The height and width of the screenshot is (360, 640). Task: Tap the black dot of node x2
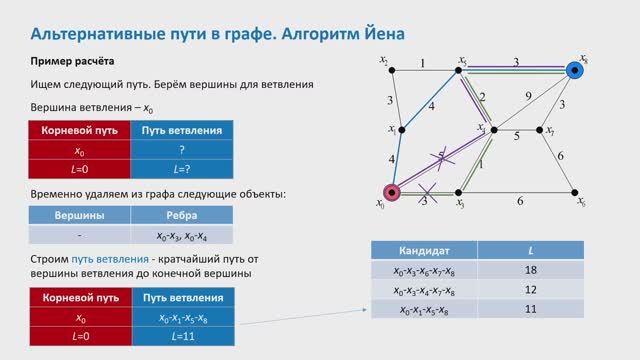click(391, 70)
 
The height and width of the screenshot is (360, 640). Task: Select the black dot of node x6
click(573, 193)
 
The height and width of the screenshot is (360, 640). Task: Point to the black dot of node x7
click(540, 131)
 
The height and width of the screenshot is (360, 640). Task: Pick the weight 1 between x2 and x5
click(423, 64)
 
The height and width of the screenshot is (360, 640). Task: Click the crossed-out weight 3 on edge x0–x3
click(424, 200)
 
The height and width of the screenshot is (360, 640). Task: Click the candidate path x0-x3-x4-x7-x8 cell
click(424, 290)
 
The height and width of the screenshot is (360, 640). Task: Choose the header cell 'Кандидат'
click(424, 249)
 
